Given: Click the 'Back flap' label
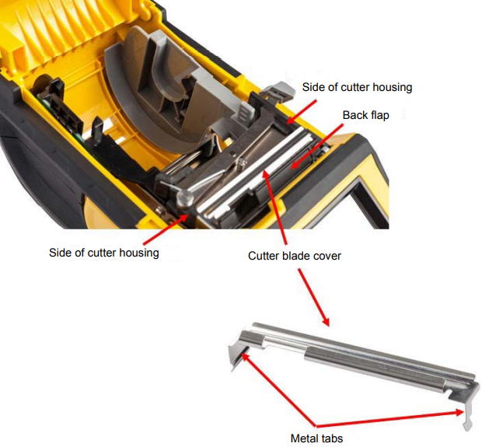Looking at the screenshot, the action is coord(366,115).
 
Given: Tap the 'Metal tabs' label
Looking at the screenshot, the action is coord(316,438).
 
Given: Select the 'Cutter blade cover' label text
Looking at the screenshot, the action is coord(295,256).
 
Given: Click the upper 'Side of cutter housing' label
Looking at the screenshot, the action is coord(357,87).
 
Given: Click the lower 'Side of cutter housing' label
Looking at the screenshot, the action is coord(104,253).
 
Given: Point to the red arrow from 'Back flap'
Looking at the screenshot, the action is coord(316,146).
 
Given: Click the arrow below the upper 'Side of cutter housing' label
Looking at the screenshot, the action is coord(301,112).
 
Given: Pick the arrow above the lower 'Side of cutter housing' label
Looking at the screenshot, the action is coord(166,229).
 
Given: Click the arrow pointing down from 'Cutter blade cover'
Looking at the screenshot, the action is coord(313,297).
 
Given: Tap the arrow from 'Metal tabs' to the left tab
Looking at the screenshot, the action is coord(278,389).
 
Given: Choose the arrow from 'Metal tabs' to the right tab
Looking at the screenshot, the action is coord(389,419).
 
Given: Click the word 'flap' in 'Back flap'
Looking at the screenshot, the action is coord(379,115).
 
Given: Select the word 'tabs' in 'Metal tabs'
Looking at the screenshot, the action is coord(332,438).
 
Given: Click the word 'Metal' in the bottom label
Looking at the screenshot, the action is coord(304,438).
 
